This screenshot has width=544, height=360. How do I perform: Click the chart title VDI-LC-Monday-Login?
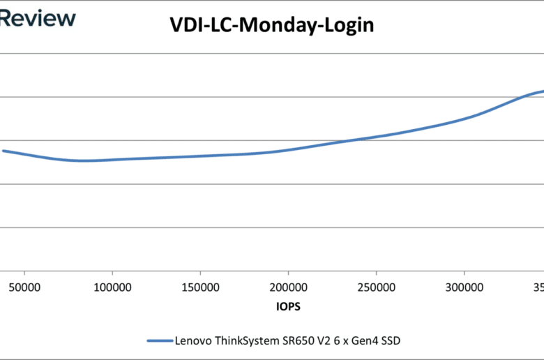point(272,26)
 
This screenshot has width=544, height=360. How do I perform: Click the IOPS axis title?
point(288,306)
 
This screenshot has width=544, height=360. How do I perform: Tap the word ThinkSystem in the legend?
point(245,340)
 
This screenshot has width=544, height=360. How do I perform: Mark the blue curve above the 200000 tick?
point(288,149)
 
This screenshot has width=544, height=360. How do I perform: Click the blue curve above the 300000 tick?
point(464,118)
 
